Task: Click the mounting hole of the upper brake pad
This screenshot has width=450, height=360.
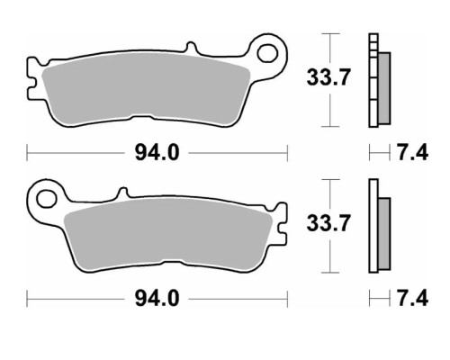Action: point(267,53)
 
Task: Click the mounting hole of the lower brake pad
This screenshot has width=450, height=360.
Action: point(46,199)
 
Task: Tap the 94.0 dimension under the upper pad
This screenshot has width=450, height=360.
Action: point(157,153)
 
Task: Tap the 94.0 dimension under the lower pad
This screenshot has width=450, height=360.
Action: point(157,299)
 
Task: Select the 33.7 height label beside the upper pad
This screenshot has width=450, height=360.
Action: point(328,77)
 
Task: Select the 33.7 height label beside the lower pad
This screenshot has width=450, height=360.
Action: point(328,223)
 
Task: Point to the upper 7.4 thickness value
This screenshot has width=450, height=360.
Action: point(413,153)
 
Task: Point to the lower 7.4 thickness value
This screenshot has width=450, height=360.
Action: point(413,299)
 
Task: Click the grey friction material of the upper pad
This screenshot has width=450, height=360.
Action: point(146,89)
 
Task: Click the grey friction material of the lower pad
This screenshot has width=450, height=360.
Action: point(168,235)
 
